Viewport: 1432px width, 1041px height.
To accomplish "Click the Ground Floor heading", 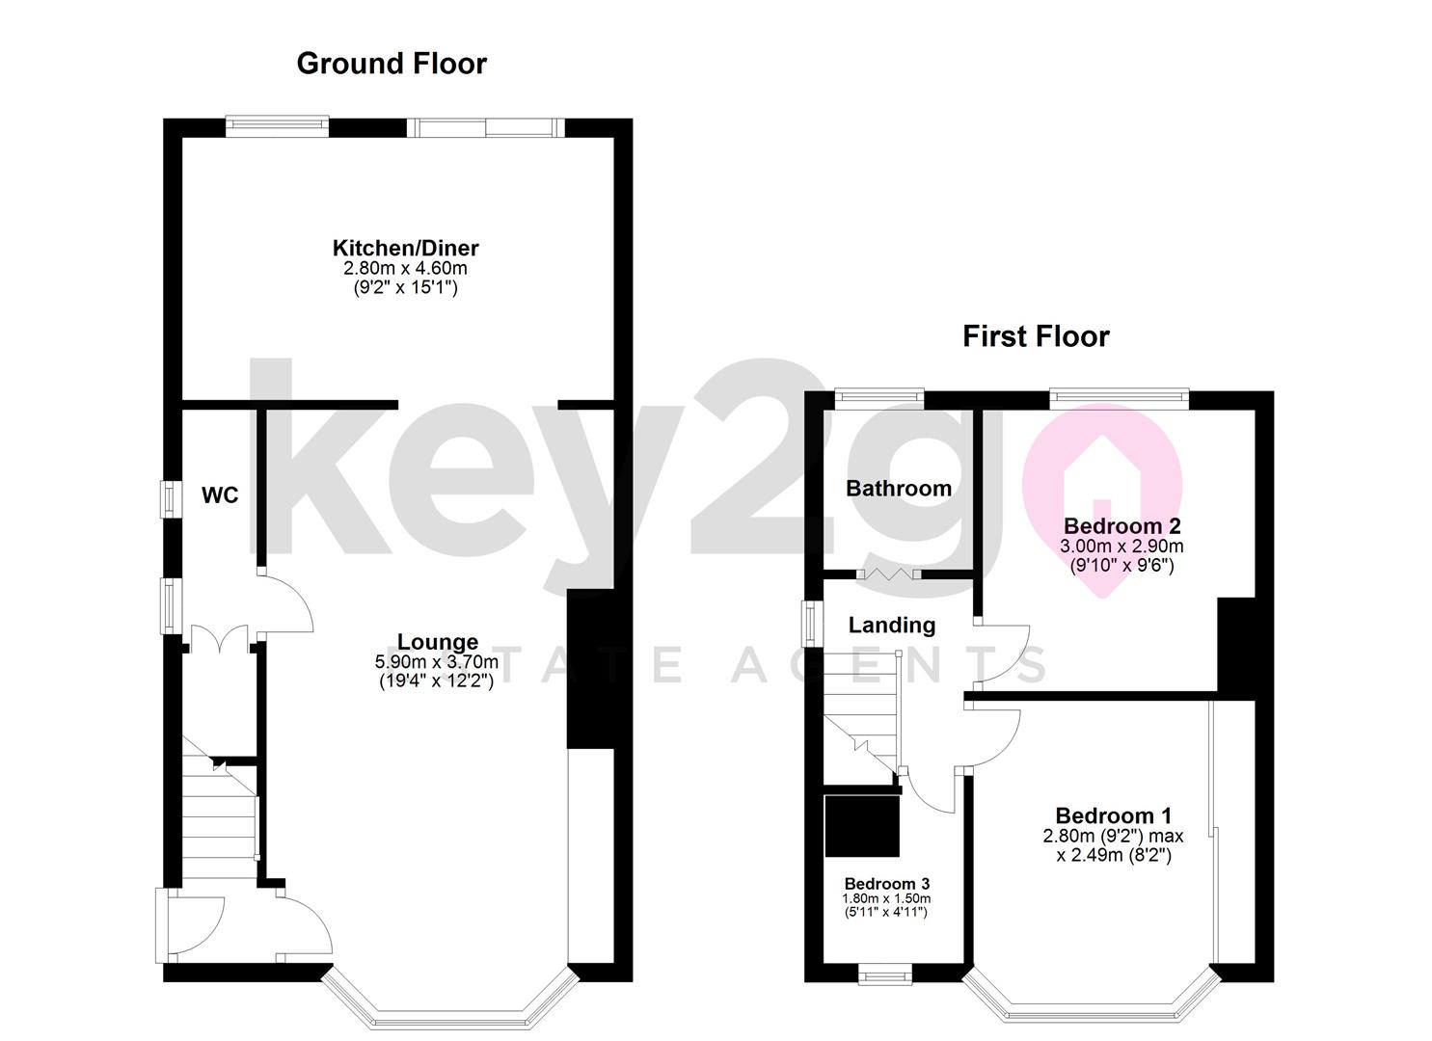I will (392, 64).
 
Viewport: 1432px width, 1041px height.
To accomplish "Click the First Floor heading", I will (1036, 336).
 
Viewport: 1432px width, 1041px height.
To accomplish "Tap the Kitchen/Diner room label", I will (405, 249).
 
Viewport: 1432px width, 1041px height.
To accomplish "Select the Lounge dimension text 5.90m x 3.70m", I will (437, 662).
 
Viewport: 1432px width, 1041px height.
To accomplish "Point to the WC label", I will (220, 496).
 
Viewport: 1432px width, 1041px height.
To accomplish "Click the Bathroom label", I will (898, 489).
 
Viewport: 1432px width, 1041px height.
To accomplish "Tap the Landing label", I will (891, 626).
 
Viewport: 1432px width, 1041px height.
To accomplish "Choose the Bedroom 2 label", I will (1121, 526).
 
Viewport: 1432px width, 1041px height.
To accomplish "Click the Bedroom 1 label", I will (1113, 816).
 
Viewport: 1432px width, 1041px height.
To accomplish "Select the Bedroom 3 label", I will (886, 884).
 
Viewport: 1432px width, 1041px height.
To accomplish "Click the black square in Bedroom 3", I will (862, 825).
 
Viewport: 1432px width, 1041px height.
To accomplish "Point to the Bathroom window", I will (878, 394).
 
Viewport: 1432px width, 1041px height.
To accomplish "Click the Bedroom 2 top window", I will (1118, 394).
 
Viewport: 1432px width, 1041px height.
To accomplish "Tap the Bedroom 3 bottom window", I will (886, 976).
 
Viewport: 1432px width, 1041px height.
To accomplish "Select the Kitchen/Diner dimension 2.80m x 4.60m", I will (405, 269).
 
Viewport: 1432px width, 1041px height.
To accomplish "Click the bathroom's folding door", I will (886, 574).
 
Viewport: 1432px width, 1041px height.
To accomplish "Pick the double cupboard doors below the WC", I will (221, 640).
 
